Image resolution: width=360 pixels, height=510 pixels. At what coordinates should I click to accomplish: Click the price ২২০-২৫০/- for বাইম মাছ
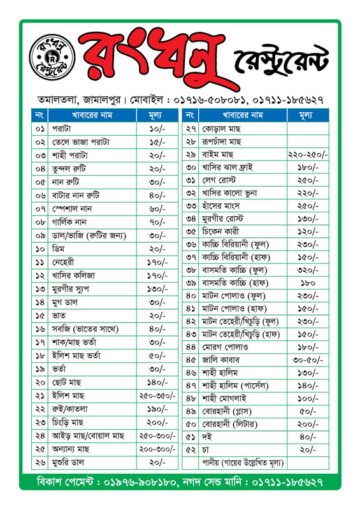pos(308,155)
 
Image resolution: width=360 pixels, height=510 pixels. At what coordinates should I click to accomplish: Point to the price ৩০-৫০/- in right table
pos(308,360)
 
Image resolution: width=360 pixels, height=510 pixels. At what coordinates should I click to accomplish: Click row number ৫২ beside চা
pos(190,449)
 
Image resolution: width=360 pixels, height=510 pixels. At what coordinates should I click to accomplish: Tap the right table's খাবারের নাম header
pos(243,115)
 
